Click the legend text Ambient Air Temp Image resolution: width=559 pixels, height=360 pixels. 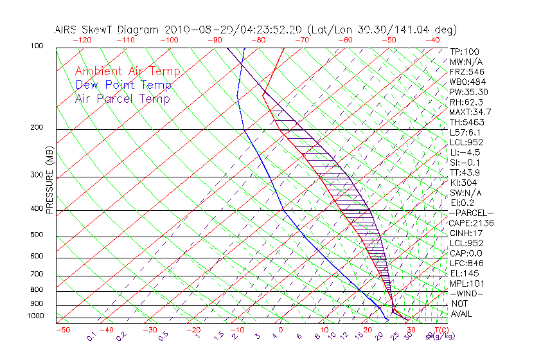pyautogui.click(x=127, y=71)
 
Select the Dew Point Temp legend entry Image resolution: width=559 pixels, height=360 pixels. pyautogui.click(x=123, y=85)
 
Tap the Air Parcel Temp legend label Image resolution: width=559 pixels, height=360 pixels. pyautogui.click(x=122, y=98)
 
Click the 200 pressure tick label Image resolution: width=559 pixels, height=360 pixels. pyautogui.click(x=37, y=128)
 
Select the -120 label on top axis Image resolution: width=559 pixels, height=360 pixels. pyautogui.click(x=82, y=40)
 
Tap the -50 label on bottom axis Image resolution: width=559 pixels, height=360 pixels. pyautogui.click(x=62, y=330)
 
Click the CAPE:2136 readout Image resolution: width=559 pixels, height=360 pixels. pyautogui.click(x=472, y=223)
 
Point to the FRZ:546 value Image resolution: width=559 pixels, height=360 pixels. pyautogui.click(x=467, y=71)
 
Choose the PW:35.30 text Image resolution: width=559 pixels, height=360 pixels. pyautogui.click(x=469, y=92)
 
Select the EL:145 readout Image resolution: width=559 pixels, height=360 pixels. pyautogui.click(x=465, y=273)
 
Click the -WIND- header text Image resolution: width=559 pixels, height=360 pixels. pyautogui.click(x=468, y=293)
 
